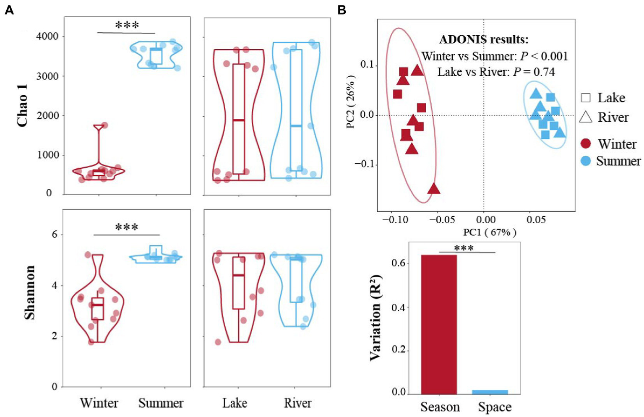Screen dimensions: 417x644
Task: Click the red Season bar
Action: tap(439, 324)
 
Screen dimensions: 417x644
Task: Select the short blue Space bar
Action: tap(490, 392)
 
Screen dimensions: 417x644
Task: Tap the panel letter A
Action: tap(9, 10)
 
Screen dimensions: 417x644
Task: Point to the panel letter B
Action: tap(342, 10)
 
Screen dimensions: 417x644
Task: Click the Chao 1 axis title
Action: tap(22, 105)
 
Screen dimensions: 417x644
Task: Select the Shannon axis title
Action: tap(29, 292)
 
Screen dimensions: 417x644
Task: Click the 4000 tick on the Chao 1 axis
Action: tap(47, 36)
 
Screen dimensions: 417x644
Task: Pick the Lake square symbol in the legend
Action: tap(586, 98)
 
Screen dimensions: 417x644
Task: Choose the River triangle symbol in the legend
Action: tap(586, 117)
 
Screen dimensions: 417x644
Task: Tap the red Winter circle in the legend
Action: tap(586, 144)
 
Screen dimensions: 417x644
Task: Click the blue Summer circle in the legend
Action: tap(586, 161)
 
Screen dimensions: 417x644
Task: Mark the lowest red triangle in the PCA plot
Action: tap(434, 189)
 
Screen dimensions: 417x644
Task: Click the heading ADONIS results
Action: tap(484, 39)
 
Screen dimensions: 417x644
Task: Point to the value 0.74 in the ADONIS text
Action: tap(544, 72)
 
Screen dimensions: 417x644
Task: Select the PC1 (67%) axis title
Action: tap(489, 232)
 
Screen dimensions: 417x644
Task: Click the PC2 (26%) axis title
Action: tap(351, 102)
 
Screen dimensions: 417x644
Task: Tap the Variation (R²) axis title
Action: tap(375, 318)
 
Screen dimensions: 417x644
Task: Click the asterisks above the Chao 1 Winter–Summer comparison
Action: tap(127, 26)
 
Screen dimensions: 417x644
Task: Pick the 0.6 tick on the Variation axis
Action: tap(399, 263)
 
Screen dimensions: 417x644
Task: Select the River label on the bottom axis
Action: tap(297, 403)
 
